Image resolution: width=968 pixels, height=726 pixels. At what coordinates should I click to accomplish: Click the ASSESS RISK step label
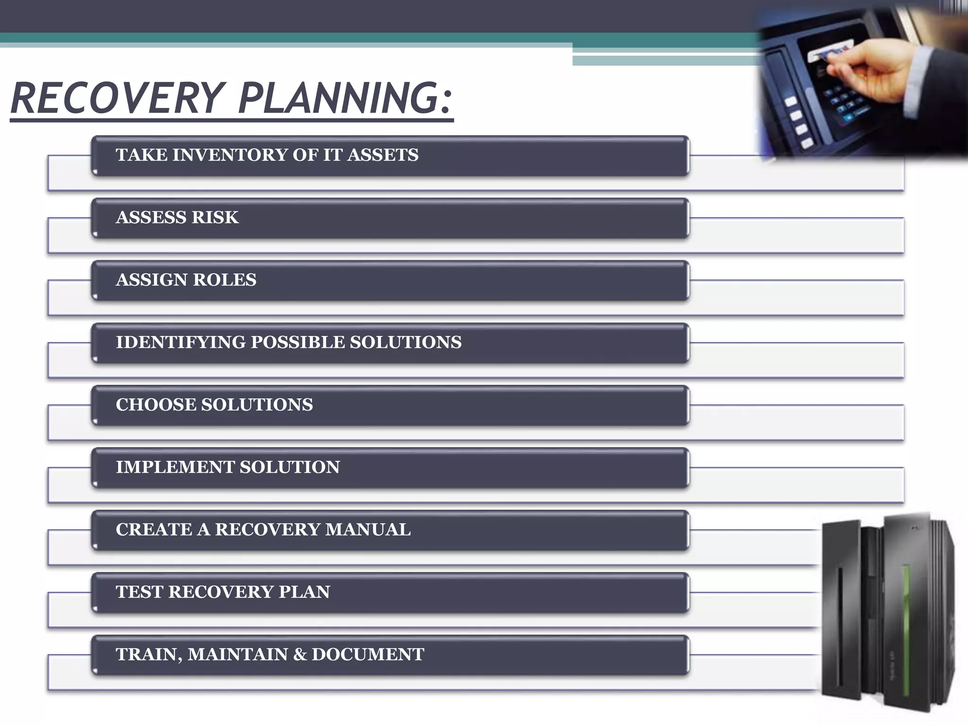pyautogui.click(x=177, y=217)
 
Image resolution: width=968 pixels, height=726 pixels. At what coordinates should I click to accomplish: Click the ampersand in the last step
pyautogui.click(x=300, y=654)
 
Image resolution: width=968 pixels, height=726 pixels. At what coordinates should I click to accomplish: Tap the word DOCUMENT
pyautogui.click(x=368, y=654)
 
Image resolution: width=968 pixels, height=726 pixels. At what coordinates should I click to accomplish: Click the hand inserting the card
pyautogui.click(x=889, y=76)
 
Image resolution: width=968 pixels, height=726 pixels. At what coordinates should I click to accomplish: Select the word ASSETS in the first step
pyautogui.click(x=383, y=155)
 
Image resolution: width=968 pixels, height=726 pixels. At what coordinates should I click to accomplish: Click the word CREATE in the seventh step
pyautogui.click(x=154, y=529)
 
